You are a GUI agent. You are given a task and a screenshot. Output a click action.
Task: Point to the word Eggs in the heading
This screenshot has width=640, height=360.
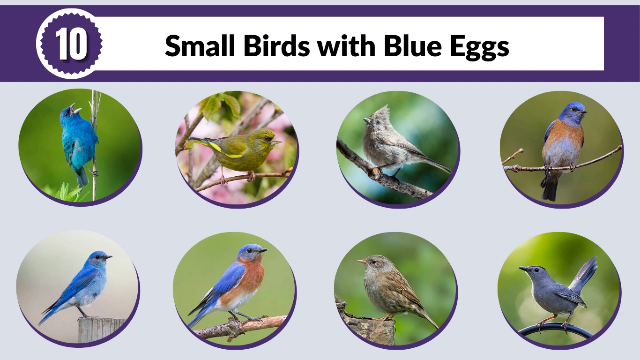(x=480, y=47)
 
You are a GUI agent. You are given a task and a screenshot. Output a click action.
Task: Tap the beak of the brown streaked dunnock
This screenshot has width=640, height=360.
(x=361, y=261)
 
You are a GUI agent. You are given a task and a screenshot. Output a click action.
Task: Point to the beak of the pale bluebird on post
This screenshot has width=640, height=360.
(x=109, y=257)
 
